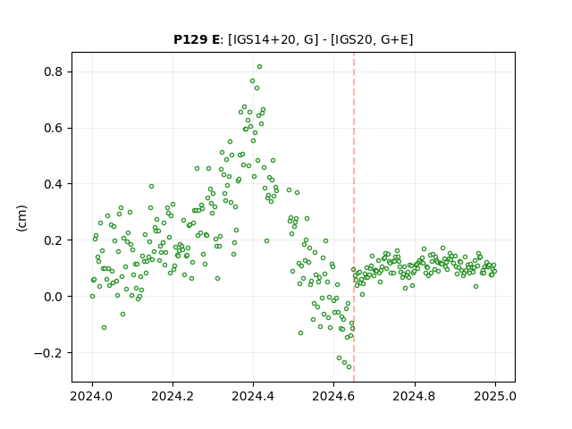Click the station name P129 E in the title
[197, 39]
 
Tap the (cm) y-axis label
[21, 218]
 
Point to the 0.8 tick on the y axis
[54, 71]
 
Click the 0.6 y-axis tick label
[54, 128]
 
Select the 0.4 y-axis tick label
[54, 184]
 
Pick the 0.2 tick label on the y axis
[54, 240]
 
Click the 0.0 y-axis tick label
[54, 297]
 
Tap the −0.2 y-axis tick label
[48, 353]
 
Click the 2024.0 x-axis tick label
[92, 396]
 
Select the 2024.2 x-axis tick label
[172, 396]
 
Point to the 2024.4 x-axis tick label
[253, 396]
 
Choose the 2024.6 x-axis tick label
[333, 396]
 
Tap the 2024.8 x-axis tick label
[415, 396]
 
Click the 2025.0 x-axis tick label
[495, 396]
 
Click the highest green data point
[259, 66]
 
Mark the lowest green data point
[349, 366]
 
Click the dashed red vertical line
[354, 217]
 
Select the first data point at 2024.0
[92, 296]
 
